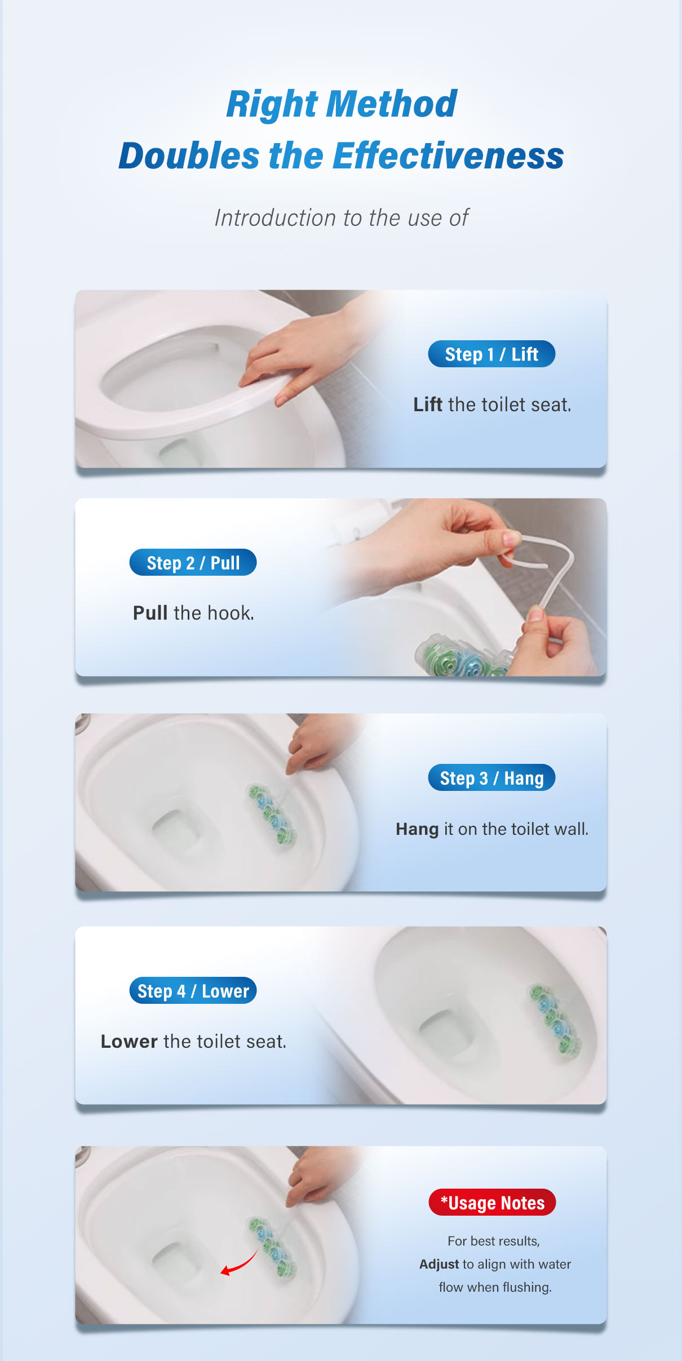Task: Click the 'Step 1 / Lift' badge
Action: click(x=491, y=354)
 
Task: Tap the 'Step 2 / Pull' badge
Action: click(x=193, y=563)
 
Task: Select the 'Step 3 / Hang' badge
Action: click(x=491, y=778)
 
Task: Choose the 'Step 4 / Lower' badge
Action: click(x=193, y=991)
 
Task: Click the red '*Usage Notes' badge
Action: click(x=492, y=1203)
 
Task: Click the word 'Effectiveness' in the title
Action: click(x=448, y=156)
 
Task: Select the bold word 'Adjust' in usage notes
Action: click(x=439, y=1264)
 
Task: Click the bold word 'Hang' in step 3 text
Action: click(x=417, y=829)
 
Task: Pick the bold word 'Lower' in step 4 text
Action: click(x=129, y=1042)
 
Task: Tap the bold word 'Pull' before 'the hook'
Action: click(x=150, y=613)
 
